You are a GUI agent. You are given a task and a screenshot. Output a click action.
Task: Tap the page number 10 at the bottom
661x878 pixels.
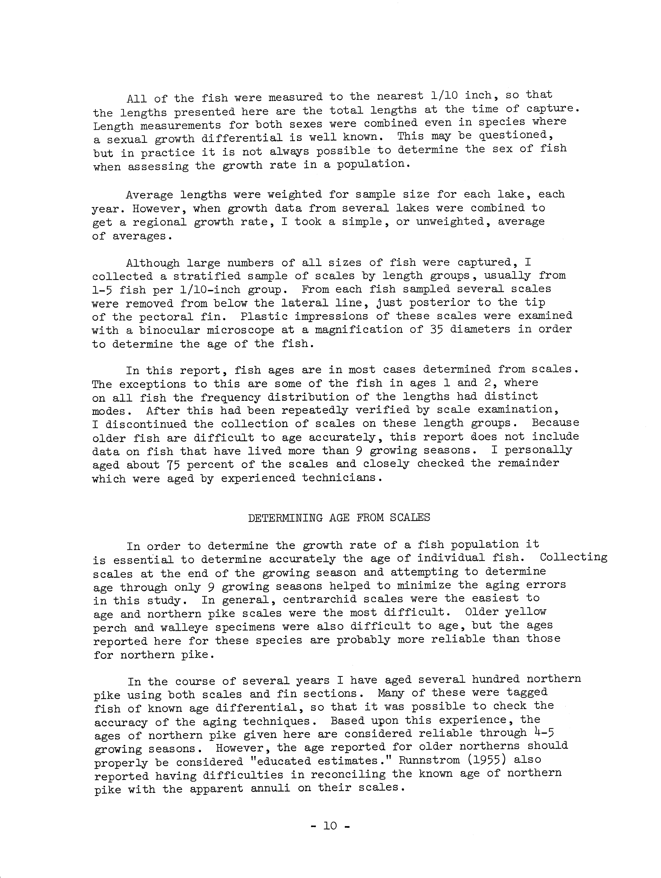click(x=330, y=826)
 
